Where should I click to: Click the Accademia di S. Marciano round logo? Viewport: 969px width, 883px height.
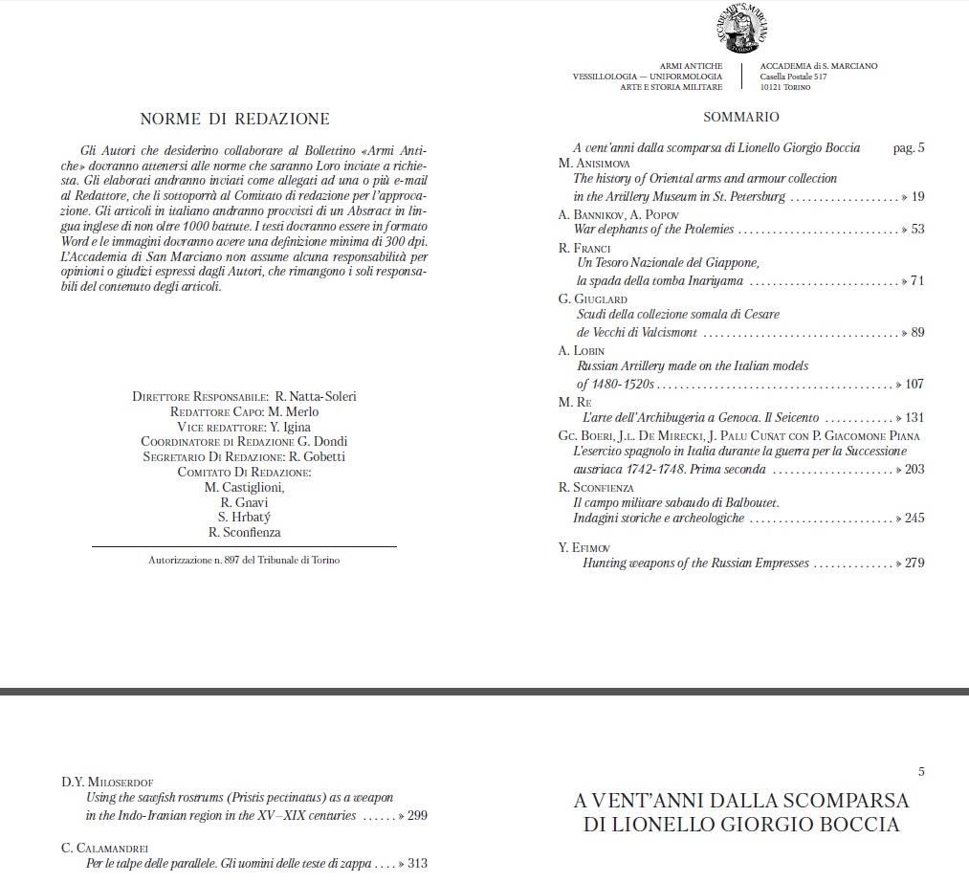click(x=739, y=28)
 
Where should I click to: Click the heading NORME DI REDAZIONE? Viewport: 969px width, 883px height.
click(x=234, y=119)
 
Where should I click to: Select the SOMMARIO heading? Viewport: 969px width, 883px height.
click(x=741, y=118)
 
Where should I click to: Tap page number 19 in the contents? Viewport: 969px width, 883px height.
click(x=917, y=196)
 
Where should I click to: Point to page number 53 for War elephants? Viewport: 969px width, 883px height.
click(x=917, y=230)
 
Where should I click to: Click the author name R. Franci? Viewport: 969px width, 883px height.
click(x=584, y=248)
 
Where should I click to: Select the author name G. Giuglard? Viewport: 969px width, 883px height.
click(x=593, y=299)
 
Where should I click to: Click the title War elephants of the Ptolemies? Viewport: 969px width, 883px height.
click(x=653, y=230)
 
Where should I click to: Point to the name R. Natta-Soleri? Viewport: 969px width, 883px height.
click(x=315, y=396)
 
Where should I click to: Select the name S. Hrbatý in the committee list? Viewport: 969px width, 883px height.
click(x=250, y=518)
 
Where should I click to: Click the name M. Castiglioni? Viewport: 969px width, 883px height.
click(x=245, y=487)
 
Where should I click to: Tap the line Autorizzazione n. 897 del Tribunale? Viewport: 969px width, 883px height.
click(x=244, y=560)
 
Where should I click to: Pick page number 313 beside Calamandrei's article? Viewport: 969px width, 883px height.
click(x=417, y=864)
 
